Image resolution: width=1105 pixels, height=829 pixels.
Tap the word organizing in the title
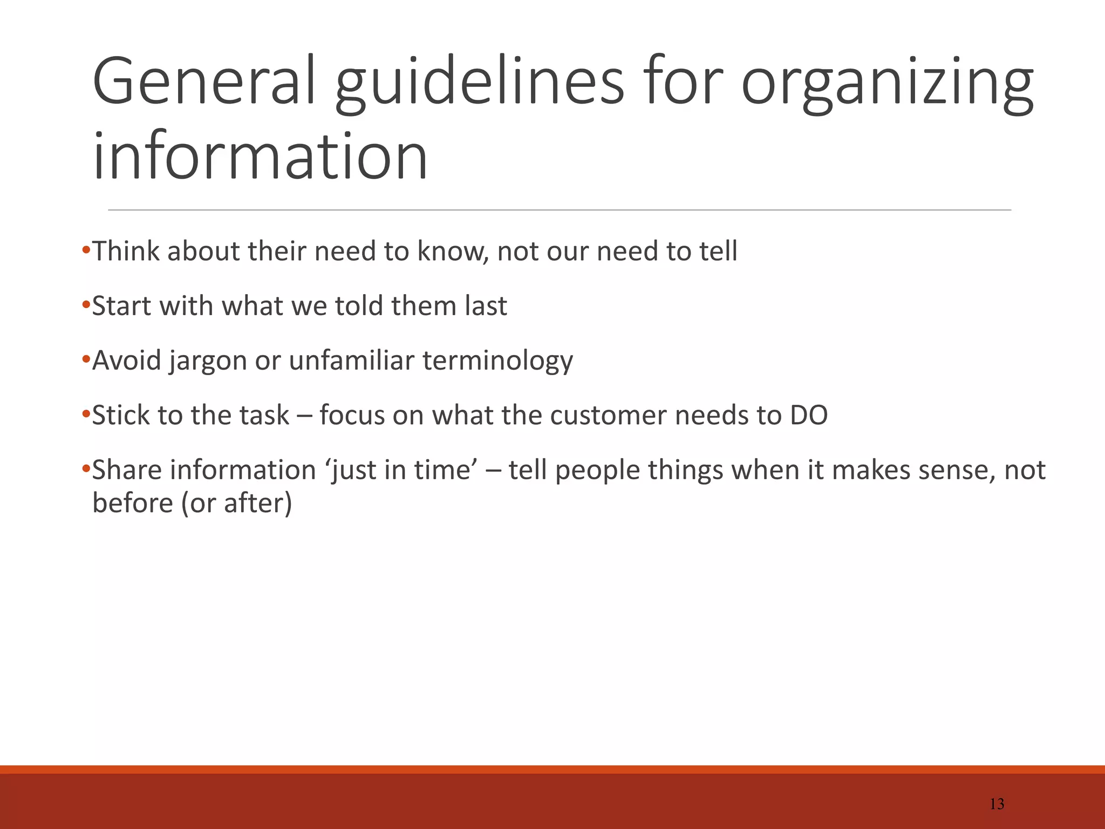click(888, 84)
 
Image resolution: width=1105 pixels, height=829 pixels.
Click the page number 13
click(997, 804)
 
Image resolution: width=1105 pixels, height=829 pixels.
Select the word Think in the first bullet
click(126, 251)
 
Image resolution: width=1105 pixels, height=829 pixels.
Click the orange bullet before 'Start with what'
click(86, 305)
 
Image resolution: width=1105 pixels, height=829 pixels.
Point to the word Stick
click(121, 416)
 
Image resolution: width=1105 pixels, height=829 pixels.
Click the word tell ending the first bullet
click(718, 251)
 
